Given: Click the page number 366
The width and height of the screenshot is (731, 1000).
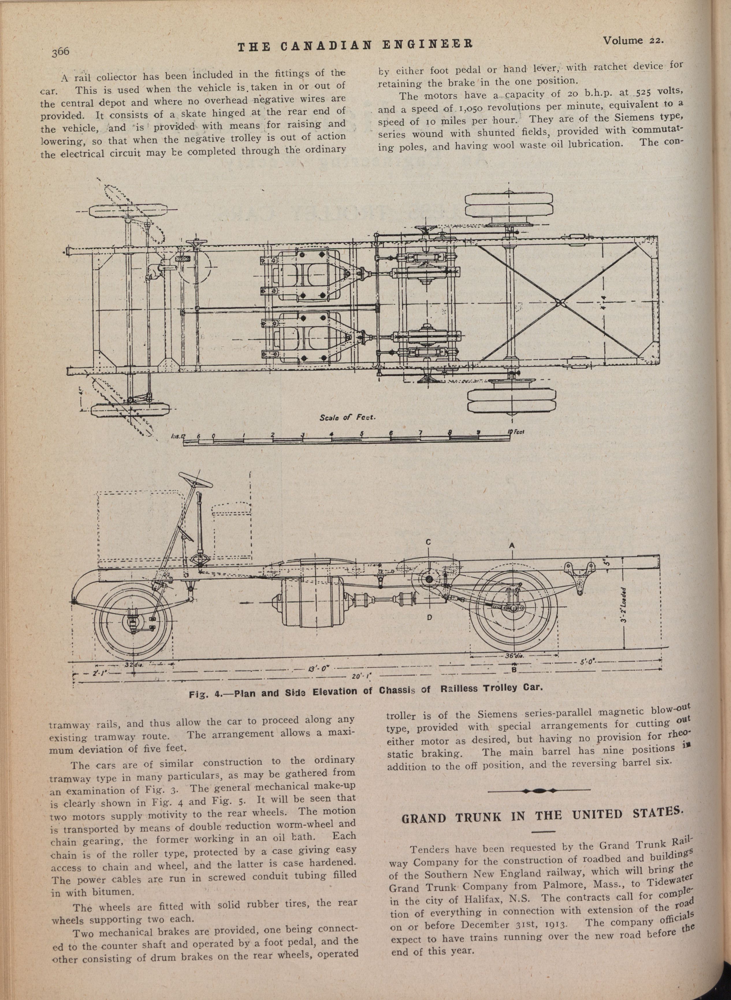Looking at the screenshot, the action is point(60,51).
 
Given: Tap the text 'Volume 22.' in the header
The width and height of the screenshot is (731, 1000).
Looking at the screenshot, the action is point(633,41).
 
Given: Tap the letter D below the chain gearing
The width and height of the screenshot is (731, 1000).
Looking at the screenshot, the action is point(429,618).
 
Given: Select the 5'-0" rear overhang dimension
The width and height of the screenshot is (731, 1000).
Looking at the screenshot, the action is point(589,662).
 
